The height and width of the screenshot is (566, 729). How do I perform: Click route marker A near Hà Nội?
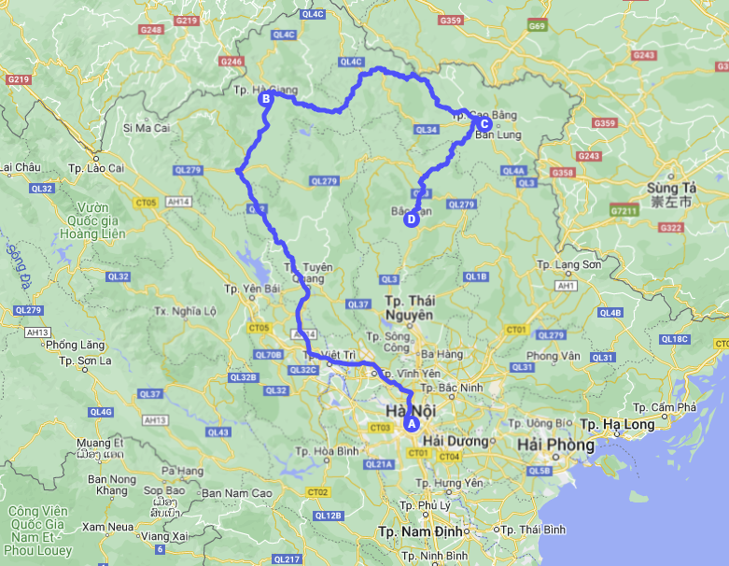point(409,423)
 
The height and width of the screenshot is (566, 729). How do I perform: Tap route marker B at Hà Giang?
point(265,98)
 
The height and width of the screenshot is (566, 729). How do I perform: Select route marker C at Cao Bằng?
point(484,122)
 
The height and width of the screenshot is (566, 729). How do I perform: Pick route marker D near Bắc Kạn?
point(410,220)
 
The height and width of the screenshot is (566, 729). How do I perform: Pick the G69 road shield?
point(536,26)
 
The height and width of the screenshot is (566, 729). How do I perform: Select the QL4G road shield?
point(100,412)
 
